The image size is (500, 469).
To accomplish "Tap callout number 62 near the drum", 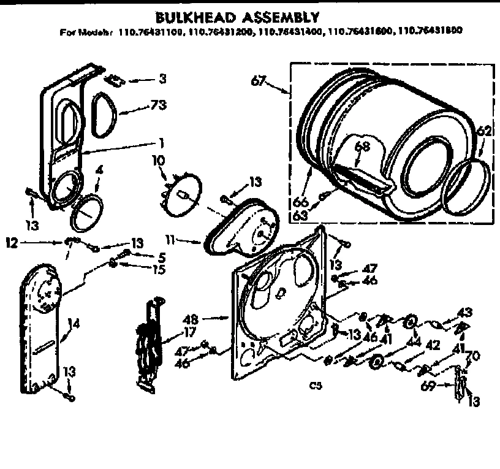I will click(484, 131).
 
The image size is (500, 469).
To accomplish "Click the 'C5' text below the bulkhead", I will click(316, 385).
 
